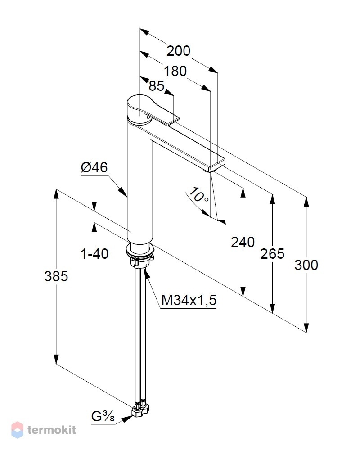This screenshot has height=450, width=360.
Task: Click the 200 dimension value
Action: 178,51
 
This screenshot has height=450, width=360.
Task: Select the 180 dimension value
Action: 175,71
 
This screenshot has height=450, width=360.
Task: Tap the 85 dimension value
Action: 157,86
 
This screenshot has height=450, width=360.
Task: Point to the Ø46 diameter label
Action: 94,167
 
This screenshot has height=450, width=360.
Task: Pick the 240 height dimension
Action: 243,242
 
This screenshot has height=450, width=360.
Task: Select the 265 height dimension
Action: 272,254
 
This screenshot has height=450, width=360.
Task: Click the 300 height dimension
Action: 306,265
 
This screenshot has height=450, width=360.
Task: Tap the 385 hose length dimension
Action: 56,276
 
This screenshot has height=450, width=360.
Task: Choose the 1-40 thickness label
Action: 94,254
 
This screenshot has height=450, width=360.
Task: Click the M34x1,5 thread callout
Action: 189,301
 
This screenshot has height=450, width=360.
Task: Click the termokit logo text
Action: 52,430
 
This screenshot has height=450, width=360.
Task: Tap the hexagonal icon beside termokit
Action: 17,430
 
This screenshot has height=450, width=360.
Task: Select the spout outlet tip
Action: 207,171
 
